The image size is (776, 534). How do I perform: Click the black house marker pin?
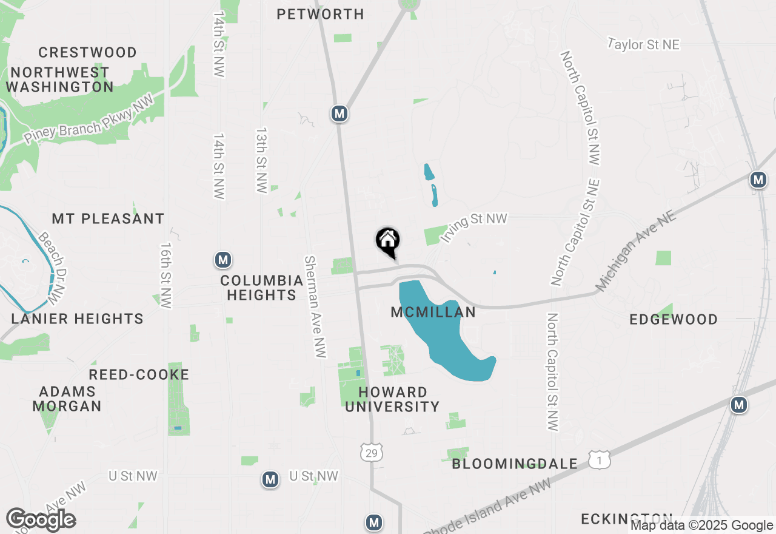(x=388, y=242)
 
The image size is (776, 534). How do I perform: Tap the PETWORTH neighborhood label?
(x=320, y=14)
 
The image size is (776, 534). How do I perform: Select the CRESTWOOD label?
(x=87, y=52)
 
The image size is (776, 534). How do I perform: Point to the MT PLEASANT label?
(x=108, y=218)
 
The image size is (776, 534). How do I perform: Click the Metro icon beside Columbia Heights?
(x=223, y=260)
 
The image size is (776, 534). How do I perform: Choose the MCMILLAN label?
(x=433, y=313)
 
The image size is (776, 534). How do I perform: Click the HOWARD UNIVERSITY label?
(x=392, y=399)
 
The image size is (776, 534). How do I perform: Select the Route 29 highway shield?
(x=371, y=453)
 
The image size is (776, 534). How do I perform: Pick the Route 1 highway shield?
(x=599, y=459)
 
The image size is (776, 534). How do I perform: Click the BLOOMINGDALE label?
(x=515, y=464)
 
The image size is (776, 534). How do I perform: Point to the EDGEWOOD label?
(x=673, y=319)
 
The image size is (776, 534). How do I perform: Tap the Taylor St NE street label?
(x=644, y=45)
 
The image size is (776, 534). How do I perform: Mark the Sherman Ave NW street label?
(x=315, y=306)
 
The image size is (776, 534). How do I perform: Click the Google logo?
(x=41, y=520)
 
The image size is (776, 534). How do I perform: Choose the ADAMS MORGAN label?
(x=67, y=399)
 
